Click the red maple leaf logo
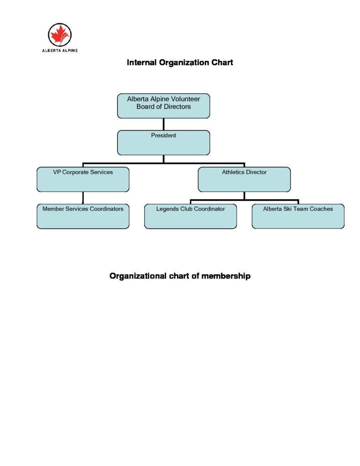pyautogui.click(x=60, y=35)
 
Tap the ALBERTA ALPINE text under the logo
pyautogui.click(x=60, y=51)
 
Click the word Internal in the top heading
pyautogui.click(x=142, y=62)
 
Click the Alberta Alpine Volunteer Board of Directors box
pyautogui.click(x=163, y=106)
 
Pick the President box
pyautogui.click(x=163, y=143)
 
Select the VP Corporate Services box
pyautogui.click(x=82, y=179)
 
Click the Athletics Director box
pyautogui.click(x=244, y=179)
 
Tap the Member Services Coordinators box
pyautogui.click(x=82, y=216)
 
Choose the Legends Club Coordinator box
pyautogui.click(x=190, y=216)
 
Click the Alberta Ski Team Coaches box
pyautogui.click(x=298, y=216)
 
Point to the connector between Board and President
pyautogui.click(x=163, y=124)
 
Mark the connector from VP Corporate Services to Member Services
pyautogui.click(x=82, y=198)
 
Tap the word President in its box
pyautogui.click(x=163, y=135)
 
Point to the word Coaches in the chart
pyautogui.click(x=321, y=209)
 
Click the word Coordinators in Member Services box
pyautogui.click(x=106, y=209)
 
